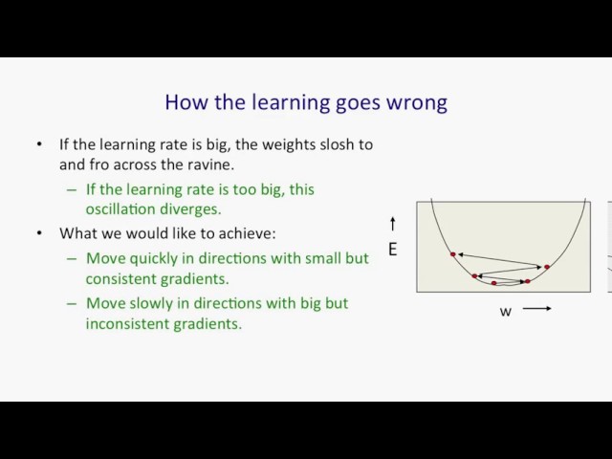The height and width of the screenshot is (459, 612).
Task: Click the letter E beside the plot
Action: click(393, 249)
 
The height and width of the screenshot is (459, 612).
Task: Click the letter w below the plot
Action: click(506, 312)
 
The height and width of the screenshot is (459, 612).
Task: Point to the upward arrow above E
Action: click(393, 224)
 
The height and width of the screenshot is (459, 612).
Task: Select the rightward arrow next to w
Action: click(537, 308)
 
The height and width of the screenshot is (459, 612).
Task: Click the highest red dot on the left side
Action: click(452, 254)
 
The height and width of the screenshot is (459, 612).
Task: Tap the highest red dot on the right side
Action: click(547, 267)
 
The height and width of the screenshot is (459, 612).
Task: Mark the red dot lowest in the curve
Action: click(493, 283)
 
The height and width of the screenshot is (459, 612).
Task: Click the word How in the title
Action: click(186, 102)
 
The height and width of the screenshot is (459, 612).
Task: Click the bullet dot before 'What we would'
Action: click(39, 233)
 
